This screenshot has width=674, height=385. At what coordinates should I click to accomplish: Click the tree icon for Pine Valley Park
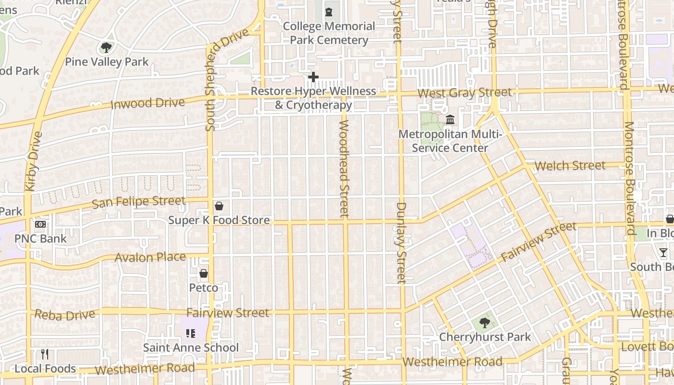click(x=106, y=47)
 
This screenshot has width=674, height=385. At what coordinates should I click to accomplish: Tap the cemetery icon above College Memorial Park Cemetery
click(x=329, y=11)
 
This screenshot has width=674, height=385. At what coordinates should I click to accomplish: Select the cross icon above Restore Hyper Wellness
click(x=313, y=77)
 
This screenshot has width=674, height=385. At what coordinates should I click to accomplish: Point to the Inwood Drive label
click(x=148, y=103)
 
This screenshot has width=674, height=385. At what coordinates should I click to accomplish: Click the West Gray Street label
click(x=464, y=92)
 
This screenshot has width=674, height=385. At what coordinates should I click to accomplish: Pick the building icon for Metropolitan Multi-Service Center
click(x=450, y=119)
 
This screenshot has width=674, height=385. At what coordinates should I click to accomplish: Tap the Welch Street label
click(x=570, y=166)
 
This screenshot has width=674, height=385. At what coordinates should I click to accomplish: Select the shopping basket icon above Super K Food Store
click(x=219, y=206)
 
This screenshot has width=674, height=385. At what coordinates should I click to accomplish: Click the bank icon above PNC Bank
click(x=40, y=224)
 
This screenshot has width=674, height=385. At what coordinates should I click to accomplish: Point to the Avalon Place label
click(x=150, y=257)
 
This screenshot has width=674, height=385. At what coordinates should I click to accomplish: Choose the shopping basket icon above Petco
click(x=204, y=273)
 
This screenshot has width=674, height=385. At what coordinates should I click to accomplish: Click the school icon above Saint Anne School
click(x=191, y=333)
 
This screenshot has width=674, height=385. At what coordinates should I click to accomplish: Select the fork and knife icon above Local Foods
click(x=45, y=354)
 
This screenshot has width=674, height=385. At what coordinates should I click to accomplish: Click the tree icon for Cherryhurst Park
click(x=484, y=322)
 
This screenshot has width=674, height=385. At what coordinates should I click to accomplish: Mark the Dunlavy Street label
click(x=402, y=243)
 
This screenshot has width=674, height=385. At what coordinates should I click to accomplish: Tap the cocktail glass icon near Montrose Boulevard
click(x=663, y=252)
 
